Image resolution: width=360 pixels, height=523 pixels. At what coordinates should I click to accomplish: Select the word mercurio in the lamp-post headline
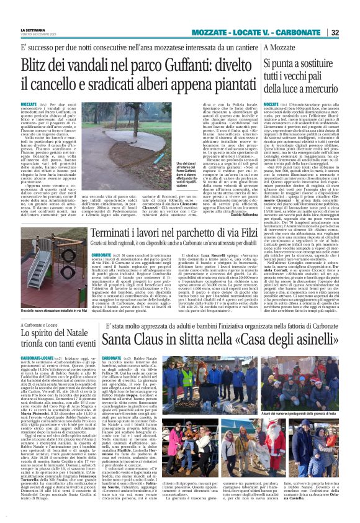point(326,91)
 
